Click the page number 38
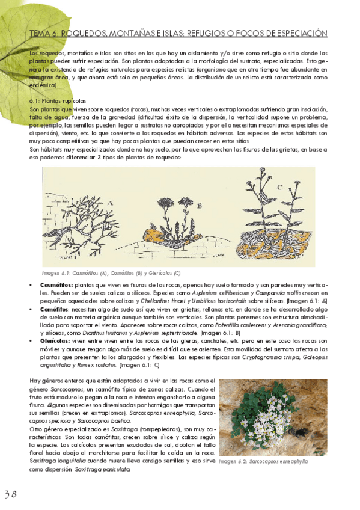click(11, 494)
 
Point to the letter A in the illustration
click(110, 203)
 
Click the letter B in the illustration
click(199, 205)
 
